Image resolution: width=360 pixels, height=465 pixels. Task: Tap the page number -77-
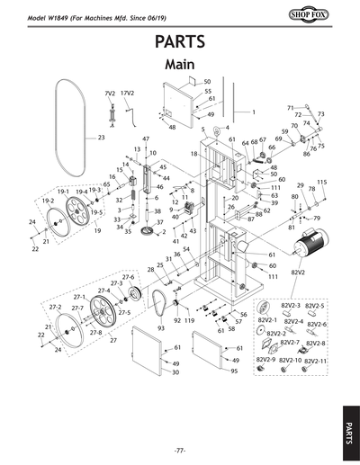click(x=180, y=449)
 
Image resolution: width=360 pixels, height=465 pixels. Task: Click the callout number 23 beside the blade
click(x=101, y=139)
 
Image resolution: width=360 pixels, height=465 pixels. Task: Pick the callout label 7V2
click(x=111, y=94)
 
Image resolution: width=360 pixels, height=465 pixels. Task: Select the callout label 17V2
click(x=128, y=94)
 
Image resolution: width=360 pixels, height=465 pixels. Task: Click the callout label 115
click(x=321, y=183)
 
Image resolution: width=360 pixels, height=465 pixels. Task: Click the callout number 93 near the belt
click(x=161, y=329)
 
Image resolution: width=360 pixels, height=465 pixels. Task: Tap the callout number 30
click(x=175, y=371)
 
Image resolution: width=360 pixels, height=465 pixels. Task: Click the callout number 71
click(x=292, y=108)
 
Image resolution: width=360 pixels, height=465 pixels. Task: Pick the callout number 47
click(x=146, y=139)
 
